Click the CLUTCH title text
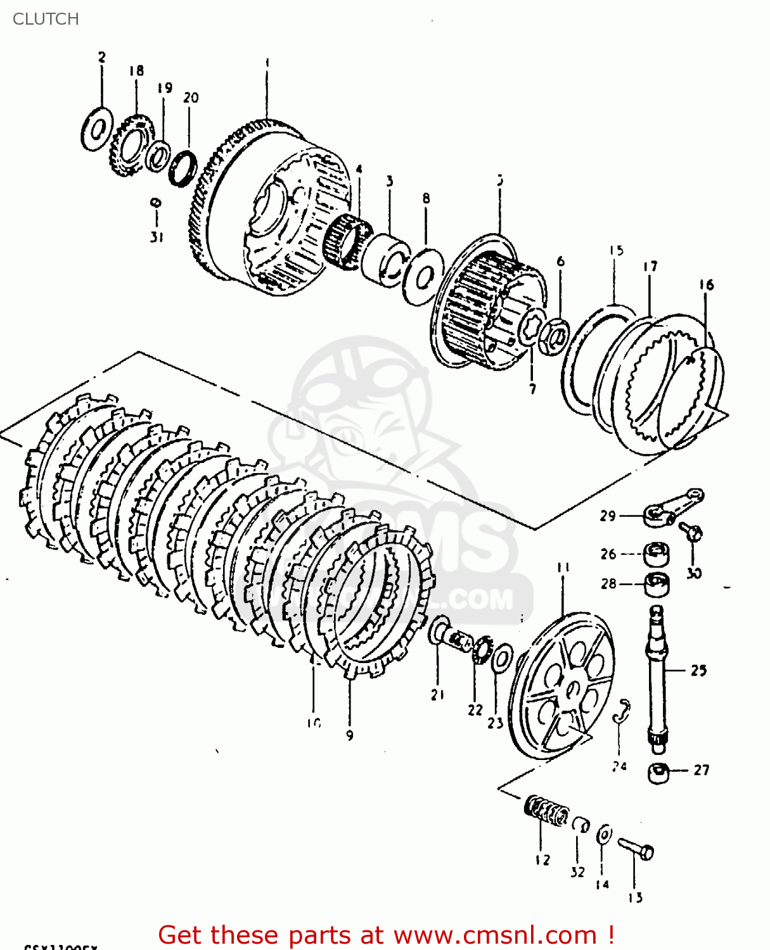pyautogui.click(x=46, y=19)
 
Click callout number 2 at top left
pyautogui.click(x=101, y=57)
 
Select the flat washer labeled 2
pyautogui.click(x=97, y=129)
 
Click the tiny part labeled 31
pyautogui.click(x=155, y=203)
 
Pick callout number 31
pyautogui.click(x=157, y=237)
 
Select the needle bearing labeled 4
pyautogui.click(x=346, y=241)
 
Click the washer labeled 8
pyautogui.click(x=423, y=275)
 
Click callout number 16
pyautogui.click(x=706, y=285)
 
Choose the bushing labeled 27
pyautogui.click(x=658, y=773)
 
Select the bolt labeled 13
pyautogui.click(x=636, y=849)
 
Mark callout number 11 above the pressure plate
pyautogui.click(x=563, y=567)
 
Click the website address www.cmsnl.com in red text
pyautogui.click(x=494, y=935)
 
